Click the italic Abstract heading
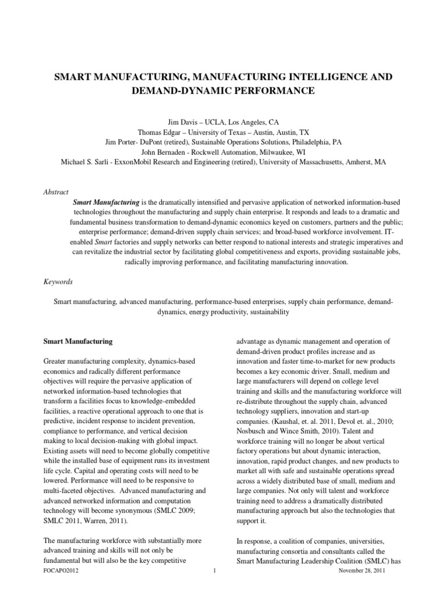point(56,191)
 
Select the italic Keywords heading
point(58,282)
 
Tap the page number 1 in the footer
point(214,588)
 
